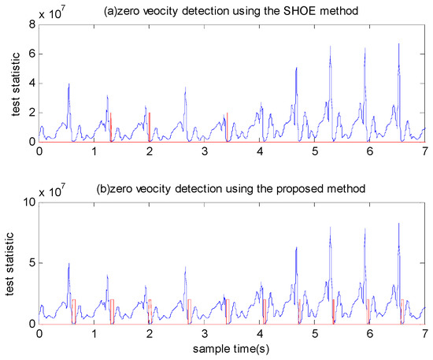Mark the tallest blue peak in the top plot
[399, 45]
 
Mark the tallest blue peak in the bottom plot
[399, 225]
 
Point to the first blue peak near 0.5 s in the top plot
[68, 84]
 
